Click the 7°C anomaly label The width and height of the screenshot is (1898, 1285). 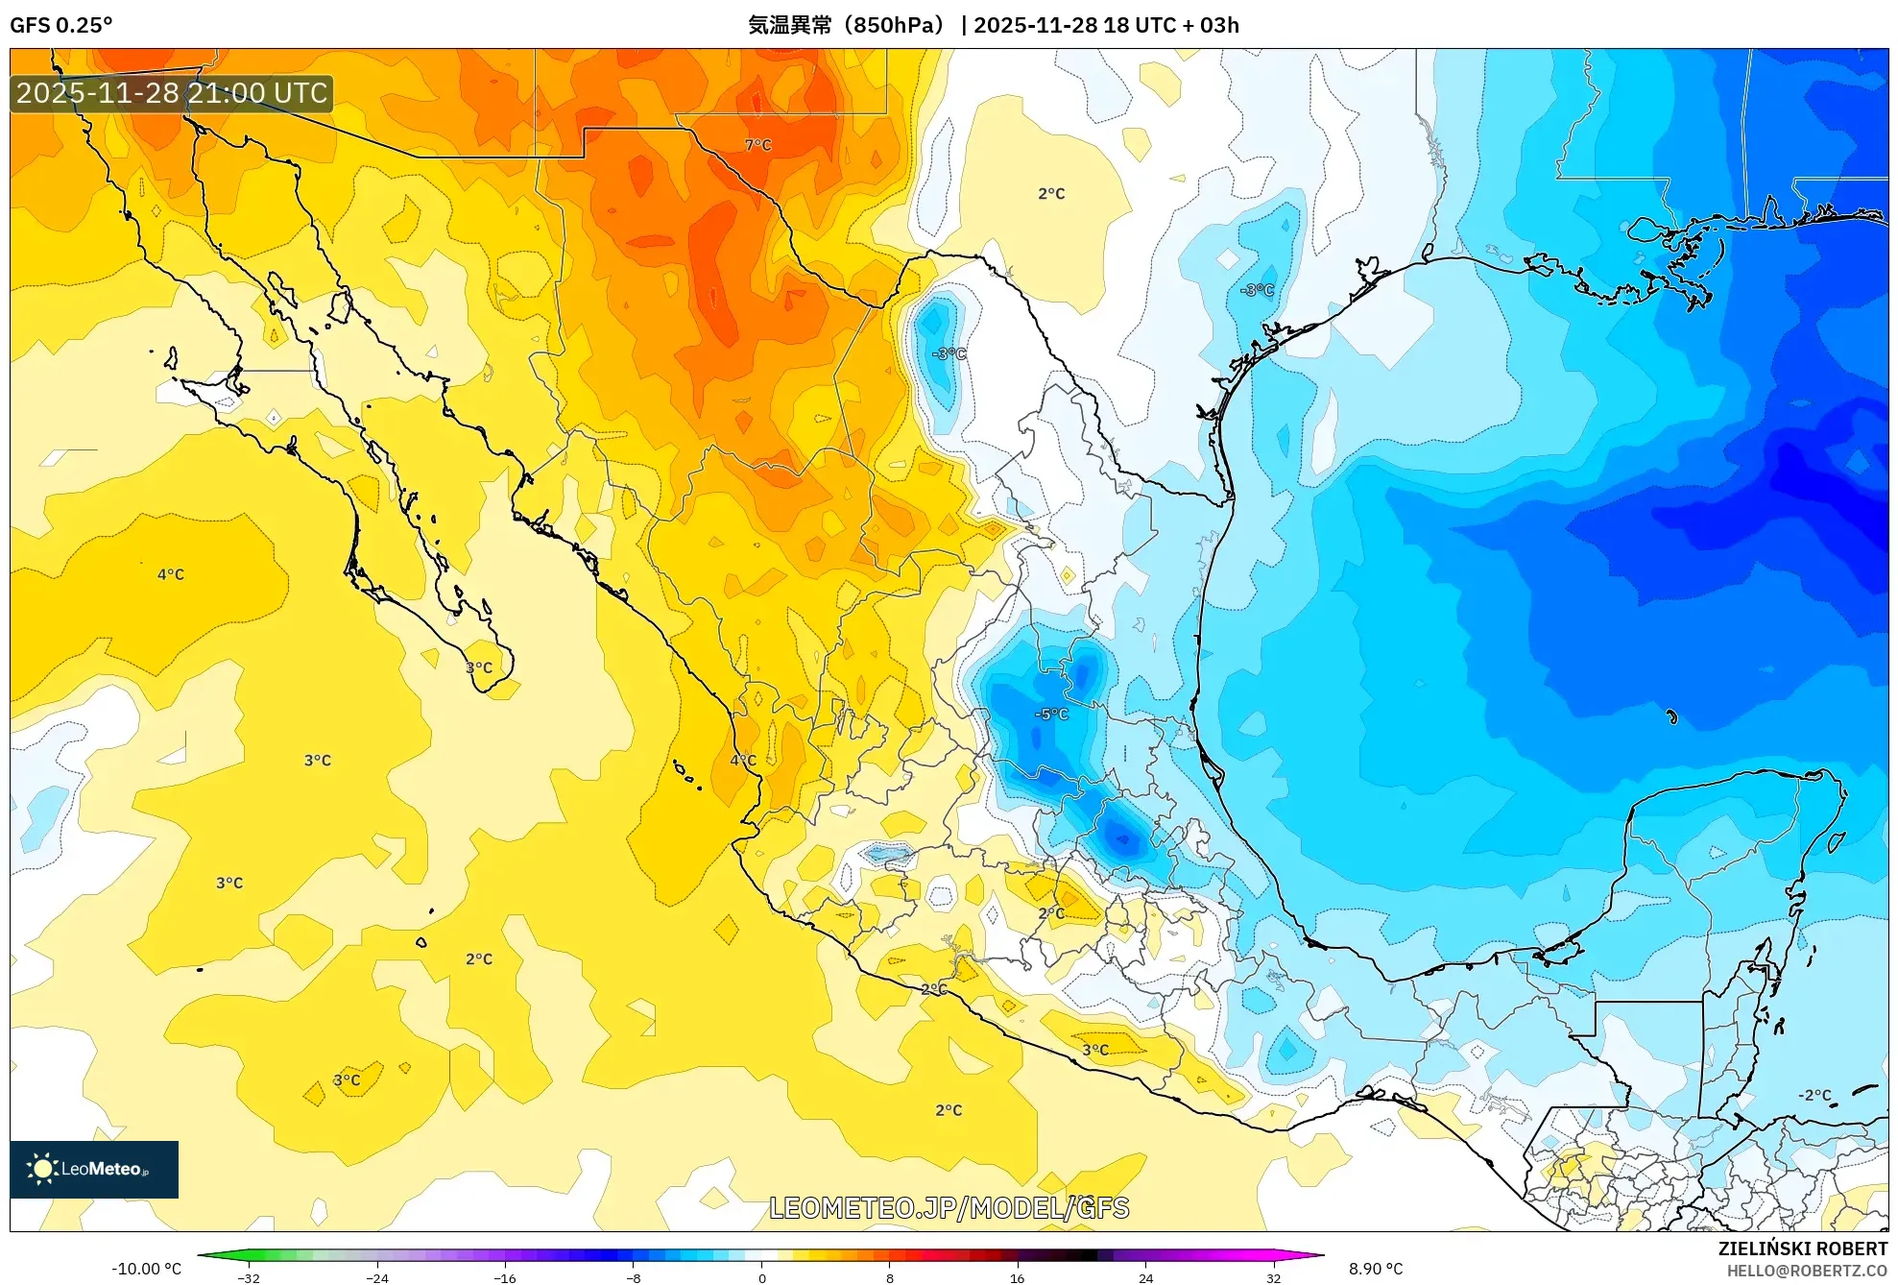tap(757, 145)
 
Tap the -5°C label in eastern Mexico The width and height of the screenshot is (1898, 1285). tap(1051, 715)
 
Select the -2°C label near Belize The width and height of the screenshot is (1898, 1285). tap(1814, 1095)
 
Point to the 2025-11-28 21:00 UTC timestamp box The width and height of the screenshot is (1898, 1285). tap(172, 93)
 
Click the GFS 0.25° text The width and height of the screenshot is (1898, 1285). tap(60, 25)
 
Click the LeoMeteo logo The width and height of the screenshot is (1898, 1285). tap(93, 1169)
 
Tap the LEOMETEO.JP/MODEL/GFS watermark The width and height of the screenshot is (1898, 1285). tap(949, 1208)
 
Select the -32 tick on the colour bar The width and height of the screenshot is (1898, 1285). tap(249, 1278)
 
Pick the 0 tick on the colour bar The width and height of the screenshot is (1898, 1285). tap(761, 1278)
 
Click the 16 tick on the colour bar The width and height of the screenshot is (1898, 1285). tap(1017, 1278)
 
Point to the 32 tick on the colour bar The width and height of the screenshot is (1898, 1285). tap(1273, 1278)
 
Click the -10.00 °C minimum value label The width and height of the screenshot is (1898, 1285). tap(146, 1269)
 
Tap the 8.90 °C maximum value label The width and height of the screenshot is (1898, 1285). tap(1375, 1269)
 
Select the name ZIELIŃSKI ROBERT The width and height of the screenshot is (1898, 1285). tap(1802, 1249)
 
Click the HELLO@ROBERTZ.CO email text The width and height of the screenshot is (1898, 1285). tap(1806, 1271)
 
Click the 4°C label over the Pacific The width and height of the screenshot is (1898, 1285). tap(171, 574)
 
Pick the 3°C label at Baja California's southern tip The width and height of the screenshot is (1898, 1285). tap(479, 667)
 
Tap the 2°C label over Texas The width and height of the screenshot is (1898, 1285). tap(1051, 194)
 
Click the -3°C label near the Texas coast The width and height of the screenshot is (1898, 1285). tap(1257, 290)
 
